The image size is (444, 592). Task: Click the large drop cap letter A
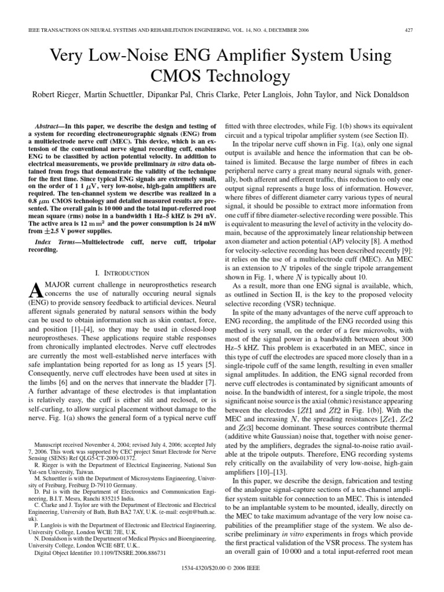pyautogui.click(x=35, y=293)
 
